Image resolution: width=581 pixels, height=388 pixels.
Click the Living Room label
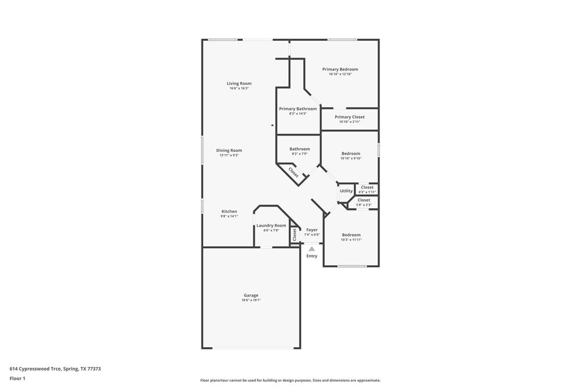coord(239,83)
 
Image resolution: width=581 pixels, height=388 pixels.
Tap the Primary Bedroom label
coord(340,69)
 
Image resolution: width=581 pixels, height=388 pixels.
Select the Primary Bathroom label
coord(297,109)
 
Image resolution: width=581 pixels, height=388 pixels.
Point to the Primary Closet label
coord(350,117)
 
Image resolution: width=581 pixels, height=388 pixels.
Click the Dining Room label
coord(229,150)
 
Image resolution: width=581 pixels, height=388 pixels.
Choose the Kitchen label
coord(229,211)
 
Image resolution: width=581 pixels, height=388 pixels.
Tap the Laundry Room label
coord(271,225)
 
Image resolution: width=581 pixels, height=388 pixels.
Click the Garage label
coord(251,295)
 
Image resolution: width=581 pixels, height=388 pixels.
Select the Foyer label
coord(312,230)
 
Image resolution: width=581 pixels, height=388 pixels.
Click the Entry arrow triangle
coord(312,249)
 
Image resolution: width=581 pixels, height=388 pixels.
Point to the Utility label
coord(346,191)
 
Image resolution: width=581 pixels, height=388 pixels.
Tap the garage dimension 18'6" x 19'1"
coord(251,300)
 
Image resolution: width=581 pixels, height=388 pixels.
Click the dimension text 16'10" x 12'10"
coord(340,74)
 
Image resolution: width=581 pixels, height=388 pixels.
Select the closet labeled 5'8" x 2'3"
coord(364,200)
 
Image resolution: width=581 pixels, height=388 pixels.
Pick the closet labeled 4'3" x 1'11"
coord(367,187)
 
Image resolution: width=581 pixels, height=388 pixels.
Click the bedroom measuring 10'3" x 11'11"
coord(351,235)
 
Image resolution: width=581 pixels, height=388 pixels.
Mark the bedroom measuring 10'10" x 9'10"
coord(351,154)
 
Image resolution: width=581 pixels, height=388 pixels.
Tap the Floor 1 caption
coord(17,378)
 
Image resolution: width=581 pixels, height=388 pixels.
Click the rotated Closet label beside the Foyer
coord(295,234)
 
